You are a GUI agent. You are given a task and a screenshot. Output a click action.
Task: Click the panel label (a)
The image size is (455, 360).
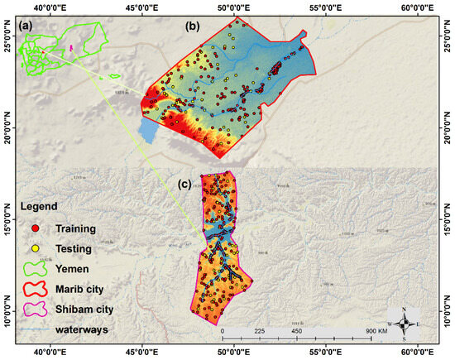(26, 27)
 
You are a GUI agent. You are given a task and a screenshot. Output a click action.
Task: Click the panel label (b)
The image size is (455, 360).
(193, 27)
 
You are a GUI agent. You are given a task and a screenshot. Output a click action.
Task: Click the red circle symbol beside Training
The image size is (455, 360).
(36, 228)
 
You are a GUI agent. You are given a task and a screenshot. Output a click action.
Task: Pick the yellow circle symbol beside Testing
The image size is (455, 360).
(36, 247)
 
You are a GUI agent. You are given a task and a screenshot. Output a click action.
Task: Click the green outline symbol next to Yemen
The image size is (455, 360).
(36, 267)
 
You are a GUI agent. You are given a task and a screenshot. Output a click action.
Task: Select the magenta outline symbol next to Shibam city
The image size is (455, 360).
(36, 309)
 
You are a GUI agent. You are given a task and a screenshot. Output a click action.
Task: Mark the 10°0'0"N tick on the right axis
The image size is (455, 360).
(448, 313)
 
